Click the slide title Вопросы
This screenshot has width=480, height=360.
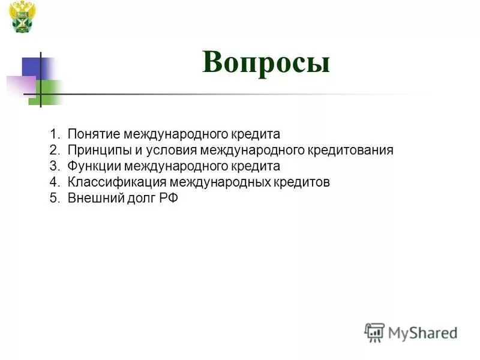266,62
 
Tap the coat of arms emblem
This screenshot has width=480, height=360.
23,16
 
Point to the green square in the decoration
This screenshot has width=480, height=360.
46,92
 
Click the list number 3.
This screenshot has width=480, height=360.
55,166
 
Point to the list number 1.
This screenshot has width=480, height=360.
55,134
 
